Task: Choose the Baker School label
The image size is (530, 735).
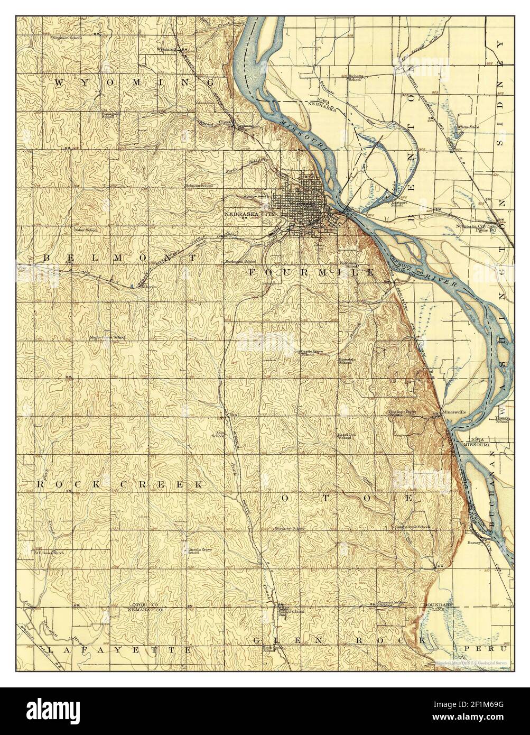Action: coord(86,230)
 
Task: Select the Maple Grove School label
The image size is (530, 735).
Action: coord(107,337)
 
